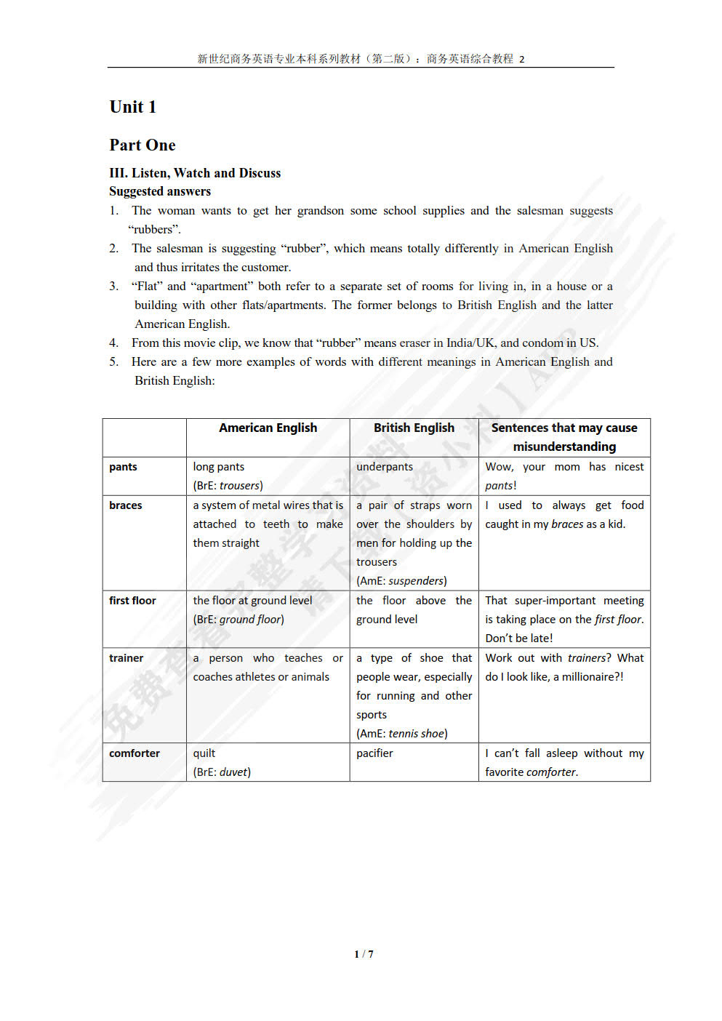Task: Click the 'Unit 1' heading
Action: (132, 107)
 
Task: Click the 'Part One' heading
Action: (143, 145)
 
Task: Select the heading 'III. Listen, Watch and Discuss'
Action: (195, 173)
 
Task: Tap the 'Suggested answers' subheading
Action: (160, 191)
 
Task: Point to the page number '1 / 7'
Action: (364, 954)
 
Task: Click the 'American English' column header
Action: (268, 428)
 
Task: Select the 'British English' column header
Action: (414, 428)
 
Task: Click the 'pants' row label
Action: (123, 467)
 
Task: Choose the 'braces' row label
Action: (125, 505)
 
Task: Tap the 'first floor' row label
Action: (132, 601)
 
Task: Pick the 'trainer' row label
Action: (126, 658)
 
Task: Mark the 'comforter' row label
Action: (135, 753)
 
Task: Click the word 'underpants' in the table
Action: (384, 467)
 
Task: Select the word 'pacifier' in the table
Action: (374, 753)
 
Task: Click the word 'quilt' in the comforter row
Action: (204, 753)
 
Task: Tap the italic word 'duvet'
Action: (233, 772)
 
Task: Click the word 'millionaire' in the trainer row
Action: (585, 677)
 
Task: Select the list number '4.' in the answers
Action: (113, 343)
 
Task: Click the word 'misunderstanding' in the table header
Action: (564, 447)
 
